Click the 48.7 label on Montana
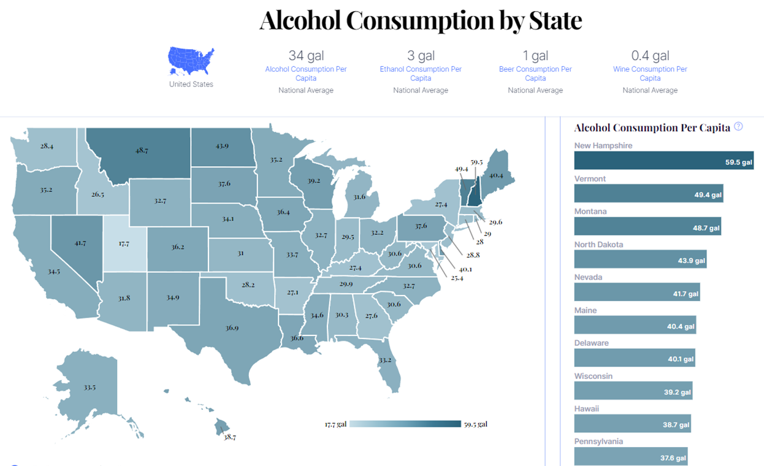(x=142, y=150)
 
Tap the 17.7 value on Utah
(x=124, y=243)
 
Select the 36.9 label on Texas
(x=232, y=328)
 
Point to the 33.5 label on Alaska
(x=90, y=388)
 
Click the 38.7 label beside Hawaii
(x=230, y=437)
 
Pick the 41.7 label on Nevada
(x=80, y=243)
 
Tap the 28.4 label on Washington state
(x=47, y=146)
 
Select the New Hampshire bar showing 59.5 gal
(x=663, y=161)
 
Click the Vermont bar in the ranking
(x=649, y=194)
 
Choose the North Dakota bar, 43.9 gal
(x=640, y=259)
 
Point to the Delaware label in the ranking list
(x=592, y=343)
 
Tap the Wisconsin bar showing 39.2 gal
(x=633, y=391)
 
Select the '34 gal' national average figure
(x=306, y=56)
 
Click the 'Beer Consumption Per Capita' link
(x=535, y=74)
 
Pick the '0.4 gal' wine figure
(x=650, y=56)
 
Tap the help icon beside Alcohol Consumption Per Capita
(x=738, y=127)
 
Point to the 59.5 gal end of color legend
(x=475, y=424)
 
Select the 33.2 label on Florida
(x=384, y=360)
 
